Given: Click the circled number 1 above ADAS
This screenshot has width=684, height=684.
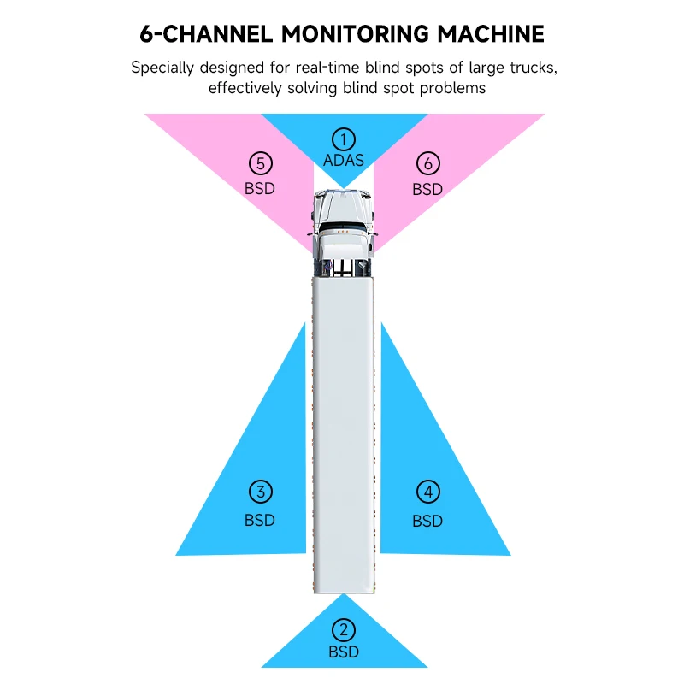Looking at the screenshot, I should click(x=343, y=139).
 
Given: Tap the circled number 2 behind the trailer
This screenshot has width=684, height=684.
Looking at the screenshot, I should click(x=343, y=631).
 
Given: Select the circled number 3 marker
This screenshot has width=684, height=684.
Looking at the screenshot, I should click(x=261, y=492).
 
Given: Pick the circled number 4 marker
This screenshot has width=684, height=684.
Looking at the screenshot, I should click(x=427, y=492).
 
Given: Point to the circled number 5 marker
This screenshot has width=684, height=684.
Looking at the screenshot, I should click(x=260, y=162).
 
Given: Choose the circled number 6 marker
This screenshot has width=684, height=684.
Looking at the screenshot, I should click(x=427, y=162).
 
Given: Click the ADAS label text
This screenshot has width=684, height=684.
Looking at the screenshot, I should click(x=344, y=160).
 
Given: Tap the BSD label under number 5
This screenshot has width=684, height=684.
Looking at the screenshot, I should click(x=260, y=187).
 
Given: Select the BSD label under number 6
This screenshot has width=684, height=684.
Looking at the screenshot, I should click(x=427, y=188).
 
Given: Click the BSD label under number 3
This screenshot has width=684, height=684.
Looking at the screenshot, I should click(x=261, y=519).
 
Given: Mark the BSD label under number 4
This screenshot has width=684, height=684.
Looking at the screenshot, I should click(x=427, y=520).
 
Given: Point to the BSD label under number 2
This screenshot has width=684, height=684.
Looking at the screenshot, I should click(x=344, y=652).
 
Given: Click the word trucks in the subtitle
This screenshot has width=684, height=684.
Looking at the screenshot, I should click(x=528, y=68).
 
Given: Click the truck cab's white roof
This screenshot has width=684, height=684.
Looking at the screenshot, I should click(x=343, y=205).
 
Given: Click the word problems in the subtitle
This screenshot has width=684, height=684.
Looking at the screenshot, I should click(x=453, y=88).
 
